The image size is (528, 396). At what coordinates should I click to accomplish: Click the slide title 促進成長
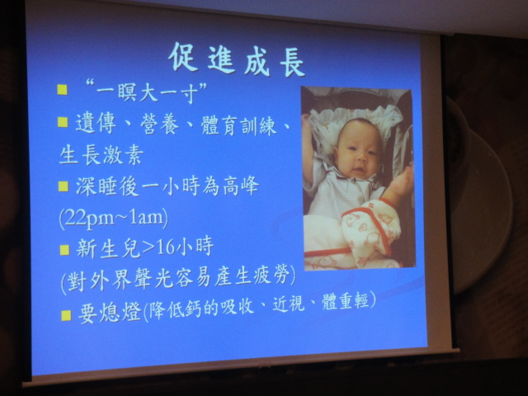tap(238, 59)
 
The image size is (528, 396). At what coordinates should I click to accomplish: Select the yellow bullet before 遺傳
tap(63, 122)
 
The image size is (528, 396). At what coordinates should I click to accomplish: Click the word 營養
tap(160, 125)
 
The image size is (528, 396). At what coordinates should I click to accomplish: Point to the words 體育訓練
tap(238, 125)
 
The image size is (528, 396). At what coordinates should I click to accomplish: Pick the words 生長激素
tap(101, 155)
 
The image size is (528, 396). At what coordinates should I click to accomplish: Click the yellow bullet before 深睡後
tap(63, 186)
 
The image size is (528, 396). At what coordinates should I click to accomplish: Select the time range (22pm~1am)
tap(114, 218)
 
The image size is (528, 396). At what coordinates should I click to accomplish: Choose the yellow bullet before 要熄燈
tap(66, 315)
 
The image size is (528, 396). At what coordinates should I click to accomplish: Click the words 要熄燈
tap(110, 313)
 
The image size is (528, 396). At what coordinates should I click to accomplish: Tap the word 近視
tap(288, 304)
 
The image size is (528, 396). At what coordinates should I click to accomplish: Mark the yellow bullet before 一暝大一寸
tap(63, 90)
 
